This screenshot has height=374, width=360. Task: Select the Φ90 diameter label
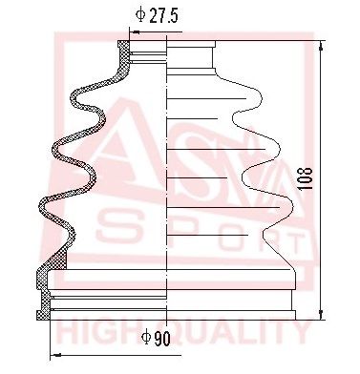click(x=156, y=336)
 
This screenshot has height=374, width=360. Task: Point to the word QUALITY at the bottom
click(x=239, y=332)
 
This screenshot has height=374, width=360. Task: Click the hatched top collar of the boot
click(x=124, y=52)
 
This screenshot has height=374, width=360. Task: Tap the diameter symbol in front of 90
click(x=145, y=336)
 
